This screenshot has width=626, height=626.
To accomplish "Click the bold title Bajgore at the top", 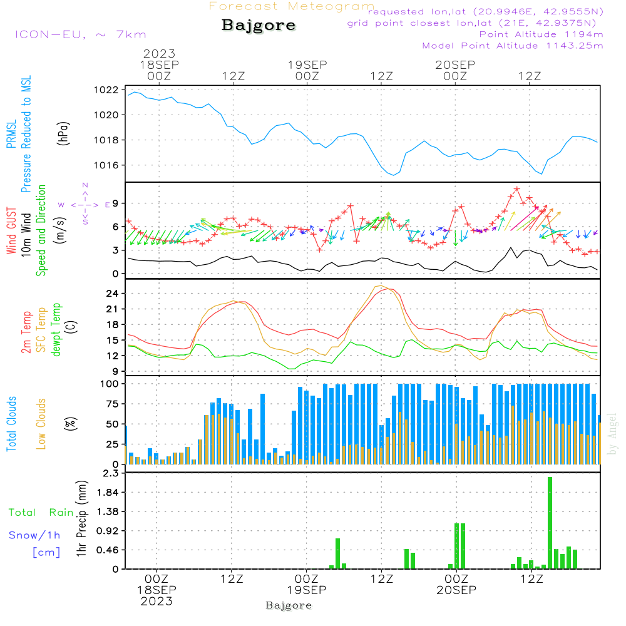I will tap(259, 26).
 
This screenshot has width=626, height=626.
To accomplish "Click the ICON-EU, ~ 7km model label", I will tap(80, 34).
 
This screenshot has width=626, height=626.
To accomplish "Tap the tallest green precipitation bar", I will tap(550, 523).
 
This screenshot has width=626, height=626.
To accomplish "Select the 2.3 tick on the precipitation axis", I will tap(111, 474).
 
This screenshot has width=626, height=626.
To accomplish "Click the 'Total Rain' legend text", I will tap(41, 513).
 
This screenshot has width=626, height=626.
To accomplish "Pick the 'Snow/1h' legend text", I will tap(35, 535).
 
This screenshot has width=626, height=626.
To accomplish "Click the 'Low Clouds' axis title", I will tap(41, 424).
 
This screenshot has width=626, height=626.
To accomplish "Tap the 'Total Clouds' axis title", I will tap(11, 424).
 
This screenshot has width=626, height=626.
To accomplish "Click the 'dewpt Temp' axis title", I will tap(56, 330).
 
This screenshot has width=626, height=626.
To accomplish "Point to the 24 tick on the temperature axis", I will tap(113, 294).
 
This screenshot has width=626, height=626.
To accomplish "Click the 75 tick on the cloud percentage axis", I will tap(113, 404).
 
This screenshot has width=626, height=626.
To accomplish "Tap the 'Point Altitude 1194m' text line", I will tap(541, 34).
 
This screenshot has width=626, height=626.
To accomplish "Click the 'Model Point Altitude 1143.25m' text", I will tap(513, 46).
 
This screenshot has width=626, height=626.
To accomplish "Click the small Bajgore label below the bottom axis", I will tap(289, 605).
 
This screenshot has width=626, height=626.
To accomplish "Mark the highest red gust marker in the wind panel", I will tap(517, 188).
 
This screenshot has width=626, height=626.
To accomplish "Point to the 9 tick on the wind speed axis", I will tap(116, 203).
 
